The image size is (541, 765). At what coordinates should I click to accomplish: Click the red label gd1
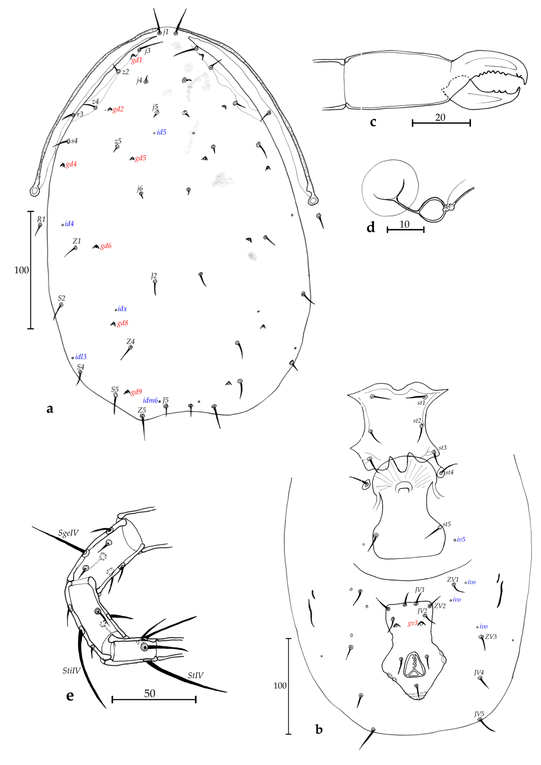click(x=137, y=60)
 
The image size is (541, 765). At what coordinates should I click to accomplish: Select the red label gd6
click(x=106, y=246)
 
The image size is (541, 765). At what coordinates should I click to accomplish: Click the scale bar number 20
click(x=440, y=117)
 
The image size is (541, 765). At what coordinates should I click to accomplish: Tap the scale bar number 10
click(x=404, y=224)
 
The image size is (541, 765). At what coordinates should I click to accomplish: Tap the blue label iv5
click(x=461, y=539)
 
